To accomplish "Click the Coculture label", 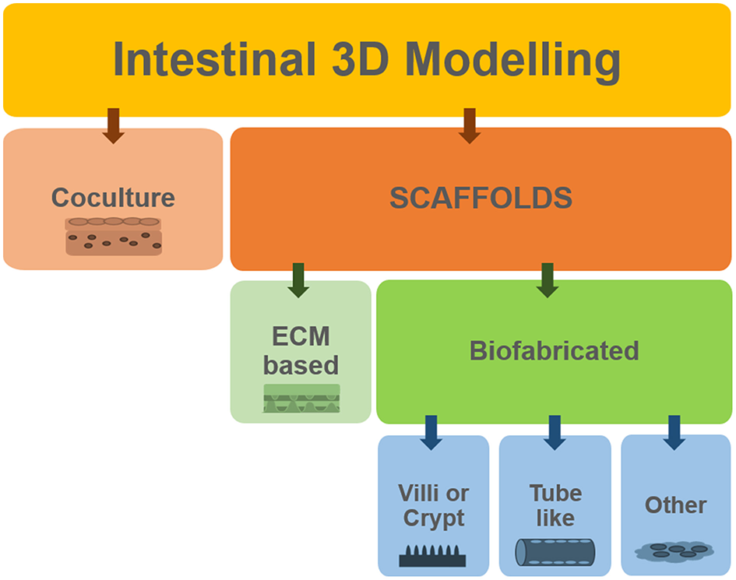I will click(x=113, y=198).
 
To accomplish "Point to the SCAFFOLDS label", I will click(x=481, y=199).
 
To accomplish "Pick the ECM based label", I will click(x=301, y=350).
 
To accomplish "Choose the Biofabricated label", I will click(x=554, y=350).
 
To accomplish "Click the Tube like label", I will click(x=555, y=505).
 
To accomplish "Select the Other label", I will click(x=675, y=505).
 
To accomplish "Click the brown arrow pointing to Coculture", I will click(x=114, y=125).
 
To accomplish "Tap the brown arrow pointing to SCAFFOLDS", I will click(x=468, y=125).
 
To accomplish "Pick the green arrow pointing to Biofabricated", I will click(x=548, y=279).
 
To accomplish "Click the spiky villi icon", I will click(x=432, y=555).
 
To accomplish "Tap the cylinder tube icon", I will click(x=555, y=552).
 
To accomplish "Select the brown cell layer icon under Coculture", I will click(x=114, y=237).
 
